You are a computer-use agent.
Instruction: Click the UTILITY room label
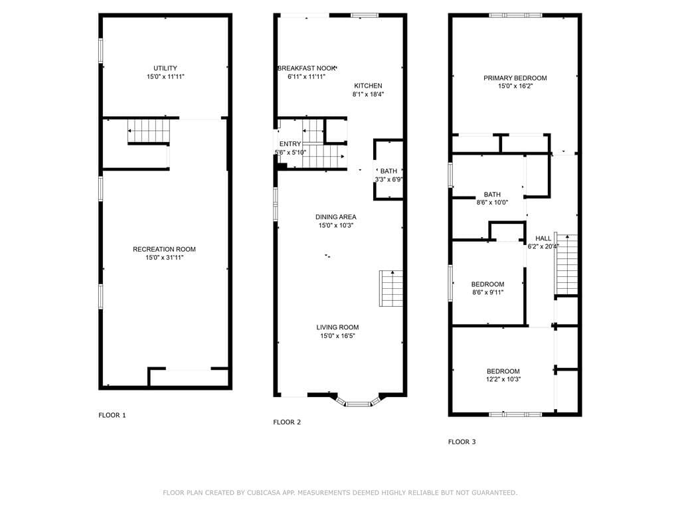(x=165, y=68)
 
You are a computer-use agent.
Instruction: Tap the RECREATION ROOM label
(x=164, y=249)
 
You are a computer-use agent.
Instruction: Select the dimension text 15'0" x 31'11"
(x=164, y=258)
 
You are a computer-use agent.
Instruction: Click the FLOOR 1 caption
(x=112, y=415)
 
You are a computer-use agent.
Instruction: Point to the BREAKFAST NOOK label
(x=306, y=68)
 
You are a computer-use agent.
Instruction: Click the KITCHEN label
(x=368, y=86)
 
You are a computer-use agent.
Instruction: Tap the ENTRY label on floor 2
(x=290, y=144)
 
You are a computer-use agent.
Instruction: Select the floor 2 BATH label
(x=388, y=171)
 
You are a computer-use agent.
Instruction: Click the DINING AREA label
(x=335, y=217)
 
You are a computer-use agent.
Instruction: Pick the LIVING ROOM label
(x=337, y=327)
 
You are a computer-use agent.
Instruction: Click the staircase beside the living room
(x=391, y=288)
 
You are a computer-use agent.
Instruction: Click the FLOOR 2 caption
(x=287, y=422)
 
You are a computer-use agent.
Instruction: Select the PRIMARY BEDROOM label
(x=515, y=78)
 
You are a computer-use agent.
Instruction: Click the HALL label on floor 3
(x=543, y=238)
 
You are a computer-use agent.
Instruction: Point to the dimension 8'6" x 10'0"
(x=492, y=203)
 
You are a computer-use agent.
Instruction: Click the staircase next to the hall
(x=566, y=264)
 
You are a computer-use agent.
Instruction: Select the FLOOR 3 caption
(x=462, y=442)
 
